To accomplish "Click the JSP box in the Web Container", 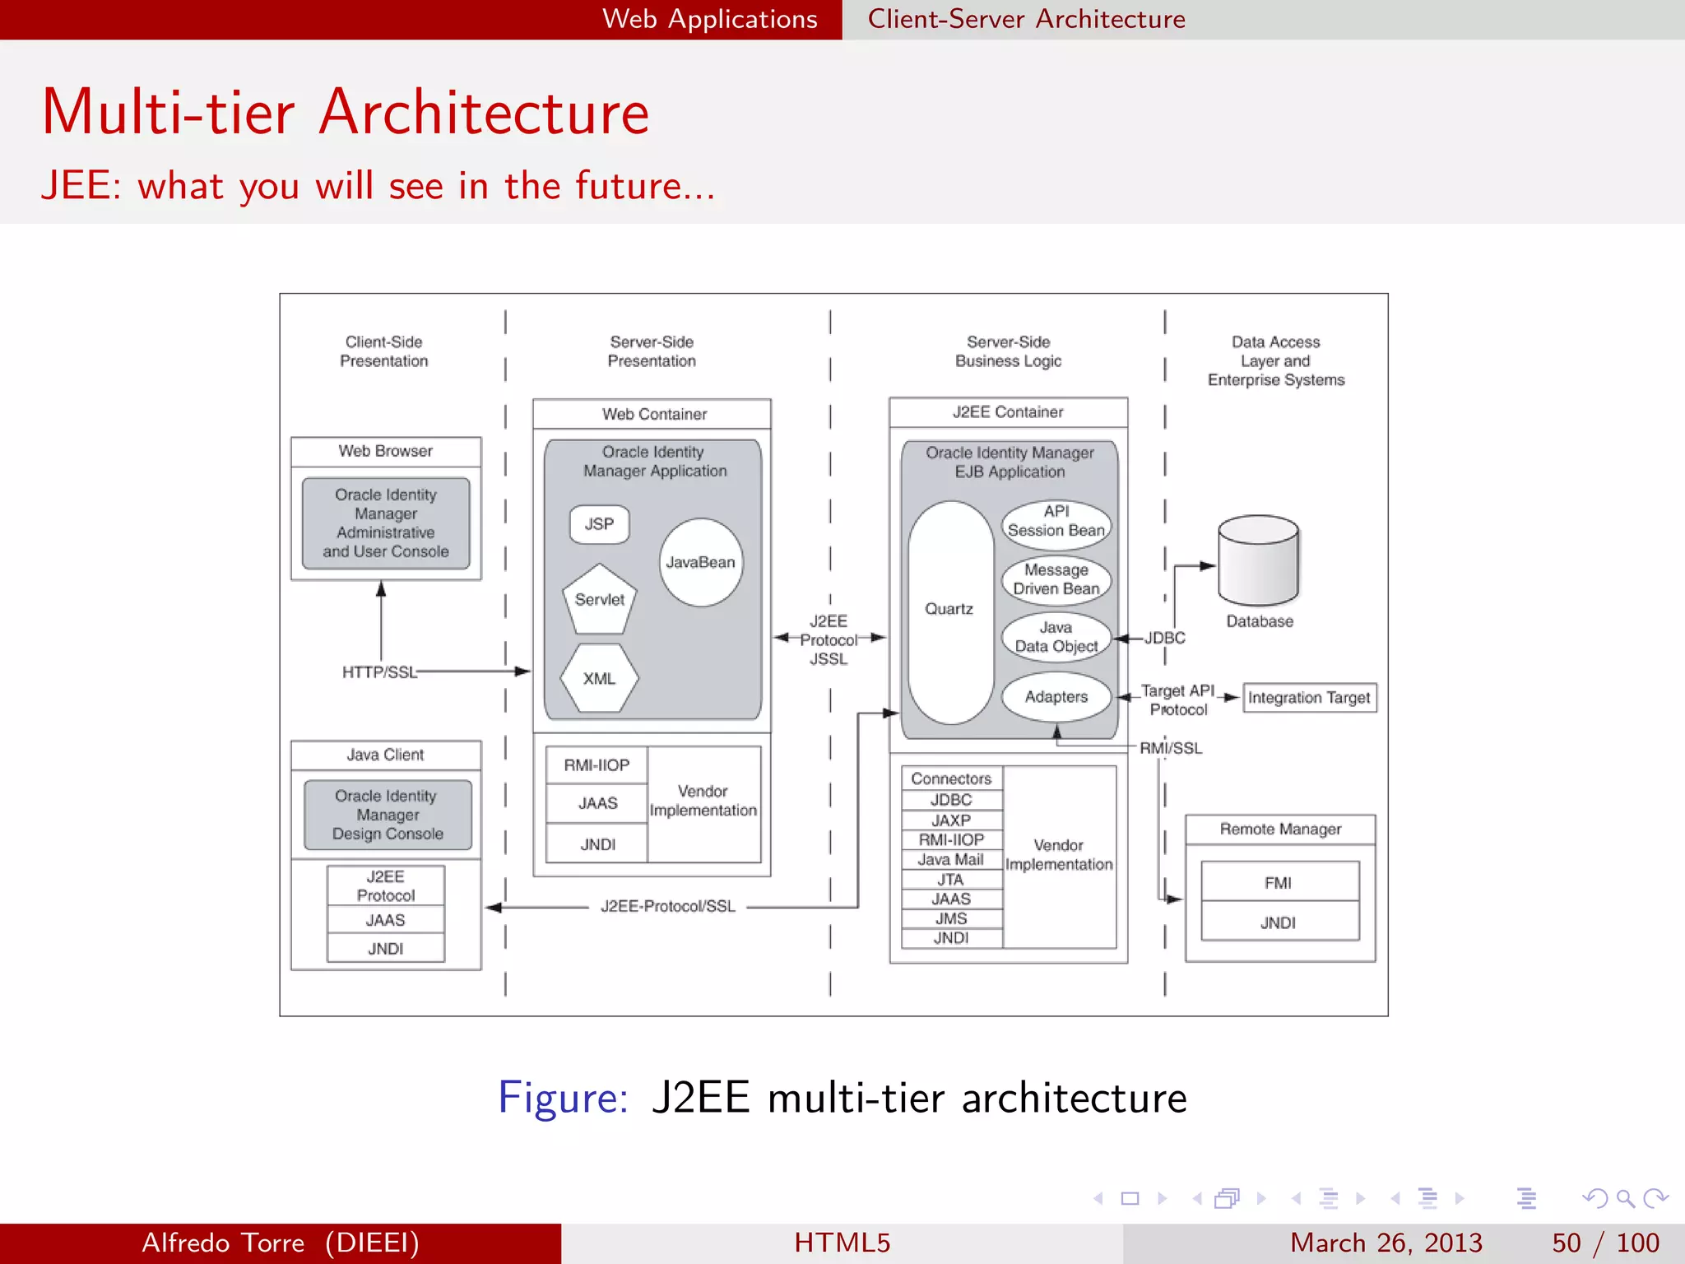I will tap(599, 524).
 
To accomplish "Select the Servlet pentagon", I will tap(600, 600).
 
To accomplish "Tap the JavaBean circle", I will tap(701, 562).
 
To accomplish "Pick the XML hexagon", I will tap(599, 678).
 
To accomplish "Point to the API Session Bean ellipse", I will tap(1056, 522).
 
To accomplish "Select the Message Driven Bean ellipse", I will tap(1056, 579).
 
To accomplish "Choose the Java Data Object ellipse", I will tap(1056, 637).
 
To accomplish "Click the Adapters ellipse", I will tap(1056, 697).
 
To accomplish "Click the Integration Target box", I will tap(1309, 698).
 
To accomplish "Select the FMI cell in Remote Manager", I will tap(1279, 882).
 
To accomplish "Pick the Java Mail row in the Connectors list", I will tap(951, 859).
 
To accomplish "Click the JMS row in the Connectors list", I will tap(951, 918).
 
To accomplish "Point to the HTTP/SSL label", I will tap(379, 672).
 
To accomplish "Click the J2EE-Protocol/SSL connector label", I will tap(668, 906).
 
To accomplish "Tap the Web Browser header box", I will tap(386, 451).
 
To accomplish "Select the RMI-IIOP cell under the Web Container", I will tap(596, 765).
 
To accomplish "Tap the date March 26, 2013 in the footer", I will tap(1386, 1243).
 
